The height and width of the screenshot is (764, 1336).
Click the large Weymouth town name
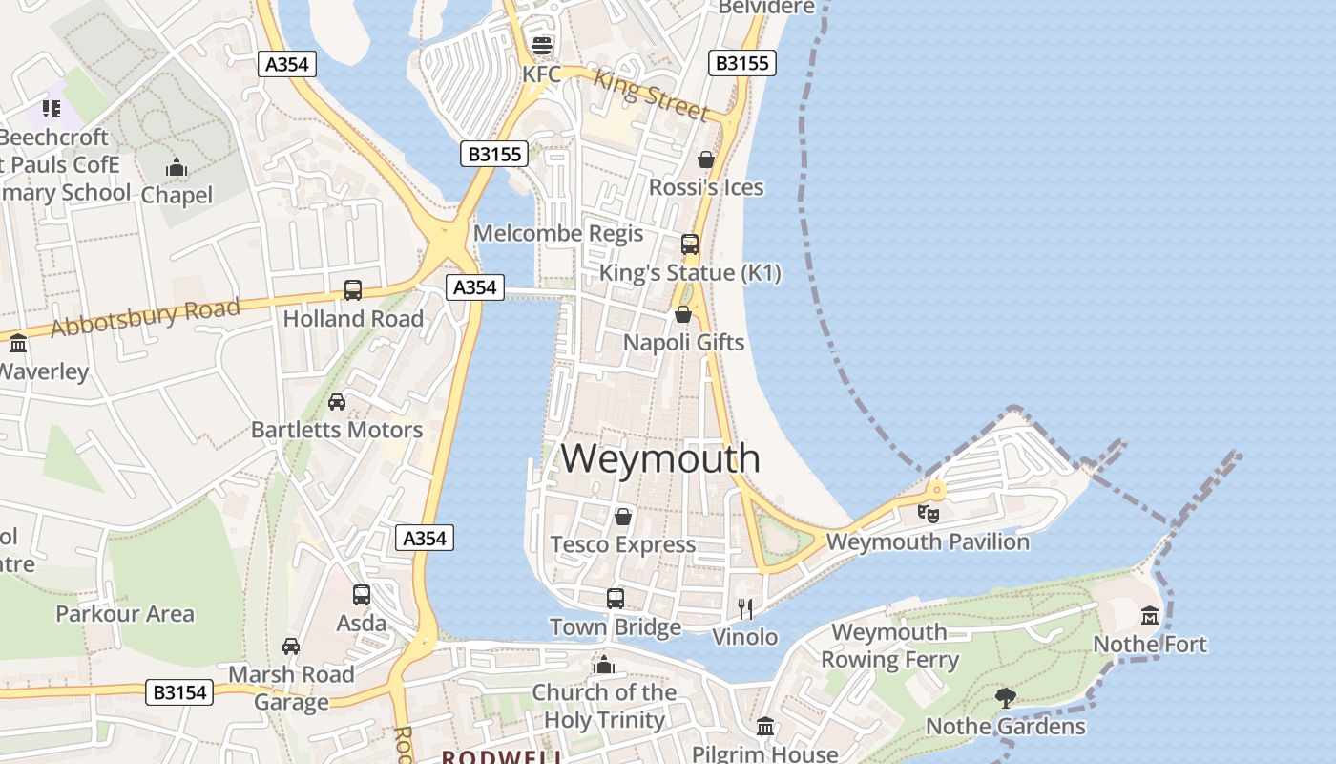[660, 458]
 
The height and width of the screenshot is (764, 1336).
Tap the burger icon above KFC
[542, 45]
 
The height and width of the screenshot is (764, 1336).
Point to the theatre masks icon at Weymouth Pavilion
[928, 513]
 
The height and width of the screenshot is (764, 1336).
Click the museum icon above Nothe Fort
[1149, 615]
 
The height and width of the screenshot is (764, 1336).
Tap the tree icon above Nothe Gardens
[1005, 697]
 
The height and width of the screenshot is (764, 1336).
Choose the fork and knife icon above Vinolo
[745, 608]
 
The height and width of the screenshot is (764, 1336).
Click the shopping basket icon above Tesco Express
[623, 517]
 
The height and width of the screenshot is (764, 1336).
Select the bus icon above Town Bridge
[616, 599]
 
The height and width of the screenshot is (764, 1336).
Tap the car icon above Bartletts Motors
[337, 402]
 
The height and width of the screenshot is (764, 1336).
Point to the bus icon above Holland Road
[353, 290]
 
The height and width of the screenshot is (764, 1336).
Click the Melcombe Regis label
[558, 233]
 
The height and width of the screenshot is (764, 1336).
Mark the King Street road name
[652, 95]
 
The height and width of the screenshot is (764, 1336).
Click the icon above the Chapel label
[177, 168]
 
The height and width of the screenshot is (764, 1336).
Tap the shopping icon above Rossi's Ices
[706, 159]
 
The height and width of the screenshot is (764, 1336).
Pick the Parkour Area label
[125, 613]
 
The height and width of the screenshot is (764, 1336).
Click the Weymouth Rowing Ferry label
[889, 646]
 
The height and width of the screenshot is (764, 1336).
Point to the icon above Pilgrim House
[765, 727]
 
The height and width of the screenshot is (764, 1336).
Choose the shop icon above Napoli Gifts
[683, 314]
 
